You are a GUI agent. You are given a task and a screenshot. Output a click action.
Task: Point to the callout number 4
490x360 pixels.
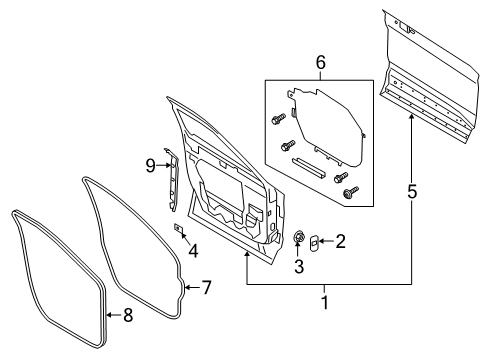point(193,250)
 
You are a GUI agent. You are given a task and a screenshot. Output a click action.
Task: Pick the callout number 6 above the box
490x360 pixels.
point(320,62)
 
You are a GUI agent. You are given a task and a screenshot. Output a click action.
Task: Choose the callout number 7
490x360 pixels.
point(206,288)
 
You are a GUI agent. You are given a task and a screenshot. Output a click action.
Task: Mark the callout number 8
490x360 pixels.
point(126,319)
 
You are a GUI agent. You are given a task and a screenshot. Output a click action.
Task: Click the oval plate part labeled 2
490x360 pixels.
point(311,241)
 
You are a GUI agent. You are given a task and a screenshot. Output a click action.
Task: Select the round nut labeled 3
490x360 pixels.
point(297,237)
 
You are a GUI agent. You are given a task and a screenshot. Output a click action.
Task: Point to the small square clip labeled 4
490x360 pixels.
point(178,229)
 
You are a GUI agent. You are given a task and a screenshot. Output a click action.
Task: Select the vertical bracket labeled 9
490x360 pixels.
point(172,176)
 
